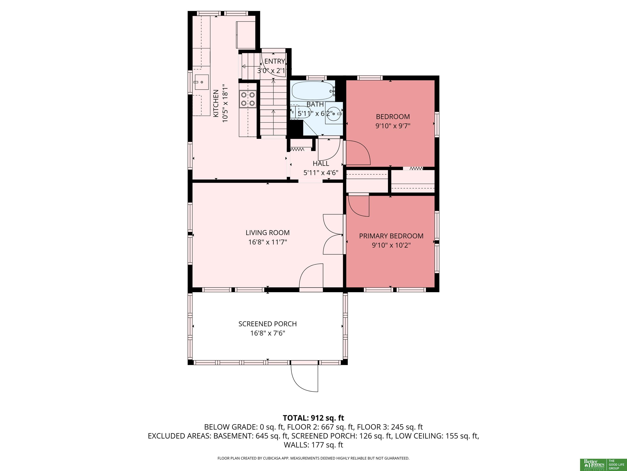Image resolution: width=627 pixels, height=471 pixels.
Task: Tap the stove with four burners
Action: [248, 99]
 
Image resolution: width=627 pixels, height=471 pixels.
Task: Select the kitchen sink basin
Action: [201, 82]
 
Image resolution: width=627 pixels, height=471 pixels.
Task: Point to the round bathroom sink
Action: [334, 113]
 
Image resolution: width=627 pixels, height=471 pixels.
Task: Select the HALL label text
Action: [321, 164]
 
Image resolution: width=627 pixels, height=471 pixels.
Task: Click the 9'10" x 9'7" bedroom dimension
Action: [393, 126]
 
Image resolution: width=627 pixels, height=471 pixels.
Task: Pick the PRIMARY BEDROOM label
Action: [391, 236]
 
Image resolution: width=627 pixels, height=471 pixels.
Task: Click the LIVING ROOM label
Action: [268, 233]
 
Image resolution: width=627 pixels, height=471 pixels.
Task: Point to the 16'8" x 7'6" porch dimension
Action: [268, 333]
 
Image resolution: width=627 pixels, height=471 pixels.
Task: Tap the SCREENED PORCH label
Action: [268, 324]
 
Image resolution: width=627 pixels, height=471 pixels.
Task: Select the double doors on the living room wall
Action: [333, 234]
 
